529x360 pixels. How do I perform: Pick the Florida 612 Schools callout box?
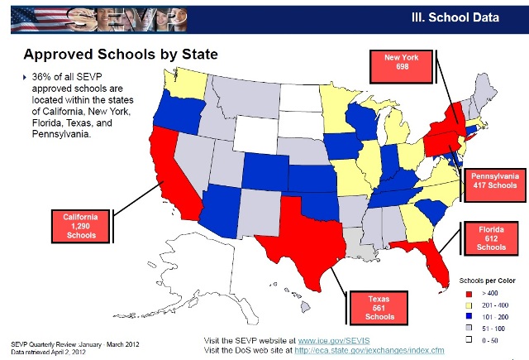coord(491,237)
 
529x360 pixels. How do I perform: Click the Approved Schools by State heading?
coord(121,55)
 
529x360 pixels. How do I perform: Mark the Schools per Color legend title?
coord(487,281)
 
